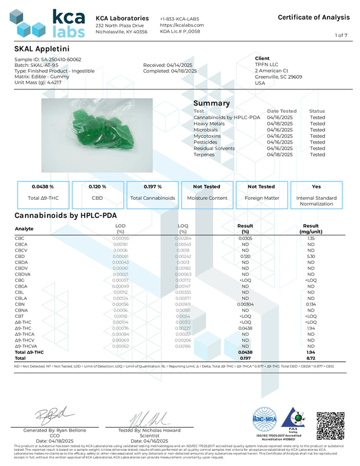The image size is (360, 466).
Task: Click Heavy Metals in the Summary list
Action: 209,123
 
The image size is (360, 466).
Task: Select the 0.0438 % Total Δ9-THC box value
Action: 44,187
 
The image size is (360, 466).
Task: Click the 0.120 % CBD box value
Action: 98,187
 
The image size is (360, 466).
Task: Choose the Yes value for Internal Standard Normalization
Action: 316,187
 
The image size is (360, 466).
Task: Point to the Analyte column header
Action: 24,228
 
